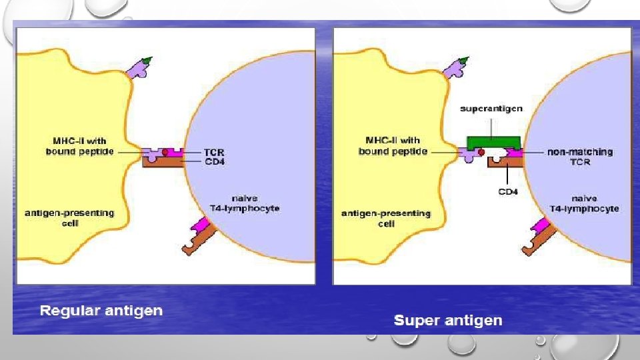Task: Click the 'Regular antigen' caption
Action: tap(101, 311)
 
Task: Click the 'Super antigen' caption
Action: tap(448, 321)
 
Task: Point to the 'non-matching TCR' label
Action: tap(579, 157)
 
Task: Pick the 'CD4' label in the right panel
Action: tap(507, 192)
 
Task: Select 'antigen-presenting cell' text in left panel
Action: tap(69, 218)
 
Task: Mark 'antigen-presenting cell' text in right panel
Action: tap(386, 218)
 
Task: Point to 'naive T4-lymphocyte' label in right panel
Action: tap(584, 203)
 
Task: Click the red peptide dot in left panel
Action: tap(165, 153)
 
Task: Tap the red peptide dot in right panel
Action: tap(481, 153)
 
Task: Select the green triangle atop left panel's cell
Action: tap(147, 61)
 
